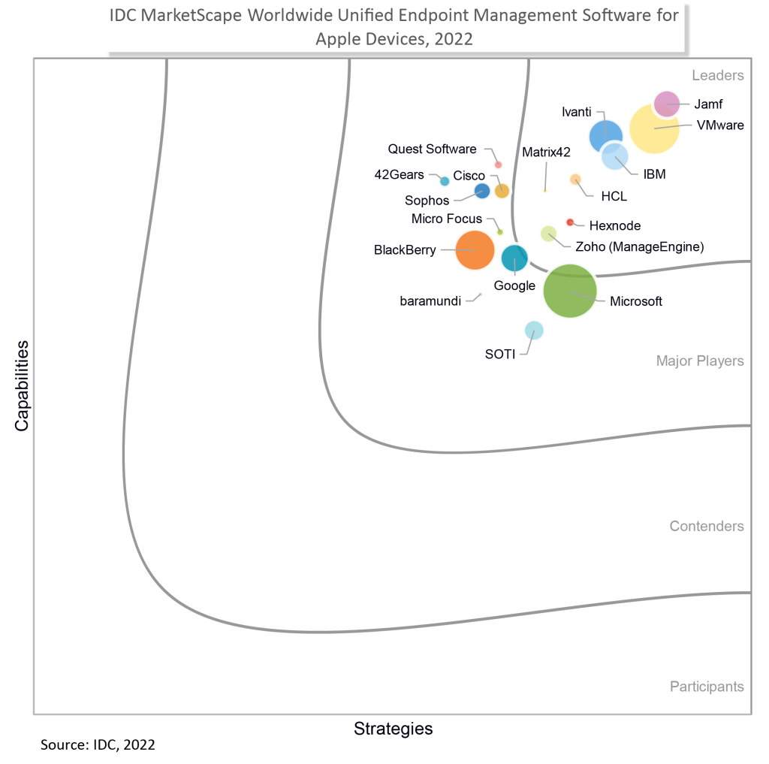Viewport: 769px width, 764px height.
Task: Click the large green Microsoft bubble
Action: tap(569, 291)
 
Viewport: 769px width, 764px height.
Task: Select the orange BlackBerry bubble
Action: tap(475, 250)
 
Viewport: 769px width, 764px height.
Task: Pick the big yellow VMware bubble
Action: tap(654, 129)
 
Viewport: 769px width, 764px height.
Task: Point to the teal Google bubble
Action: tap(514, 258)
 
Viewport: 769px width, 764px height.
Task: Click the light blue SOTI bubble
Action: tap(533, 330)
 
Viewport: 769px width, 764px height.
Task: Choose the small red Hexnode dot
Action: tap(569, 222)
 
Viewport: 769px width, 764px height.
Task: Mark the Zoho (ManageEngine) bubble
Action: tap(548, 233)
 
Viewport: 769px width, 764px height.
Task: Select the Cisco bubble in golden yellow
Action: tap(502, 191)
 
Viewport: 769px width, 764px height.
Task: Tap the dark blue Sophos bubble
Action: tap(482, 191)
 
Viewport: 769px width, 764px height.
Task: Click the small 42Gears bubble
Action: tap(445, 181)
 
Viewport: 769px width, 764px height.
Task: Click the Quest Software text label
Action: tap(432, 149)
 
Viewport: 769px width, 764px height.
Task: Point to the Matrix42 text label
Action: tap(546, 152)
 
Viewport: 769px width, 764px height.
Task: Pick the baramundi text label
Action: tap(430, 302)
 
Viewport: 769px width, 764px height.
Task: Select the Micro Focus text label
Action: tap(447, 219)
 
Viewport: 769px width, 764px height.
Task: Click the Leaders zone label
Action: tap(717, 75)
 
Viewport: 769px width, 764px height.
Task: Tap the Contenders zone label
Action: tap(706, 526)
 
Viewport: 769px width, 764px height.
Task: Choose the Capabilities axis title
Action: tap(22, 385)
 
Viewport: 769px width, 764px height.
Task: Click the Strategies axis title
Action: tap(393, 729)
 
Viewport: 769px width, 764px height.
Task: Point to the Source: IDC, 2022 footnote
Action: tap(98, 745)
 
